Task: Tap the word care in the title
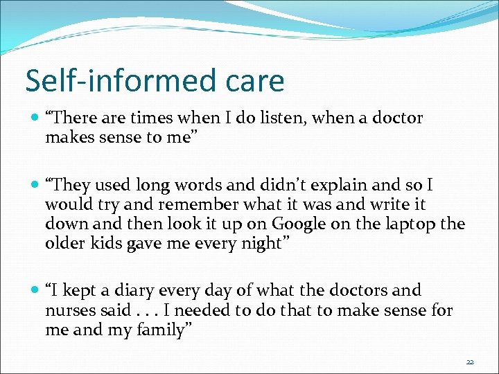point(254,82)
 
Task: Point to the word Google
point(300,224)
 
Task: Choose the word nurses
point(70,310)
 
